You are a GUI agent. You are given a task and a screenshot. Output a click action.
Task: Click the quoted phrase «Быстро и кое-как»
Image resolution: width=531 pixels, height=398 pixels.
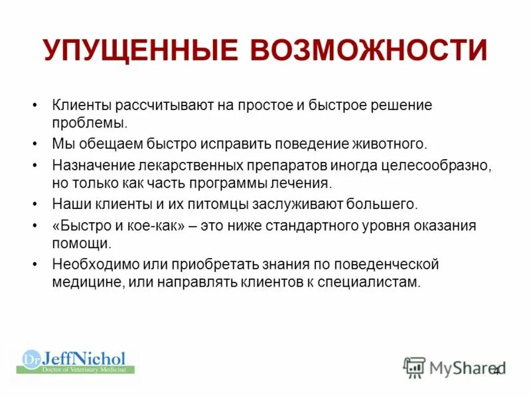click(118, 225)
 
